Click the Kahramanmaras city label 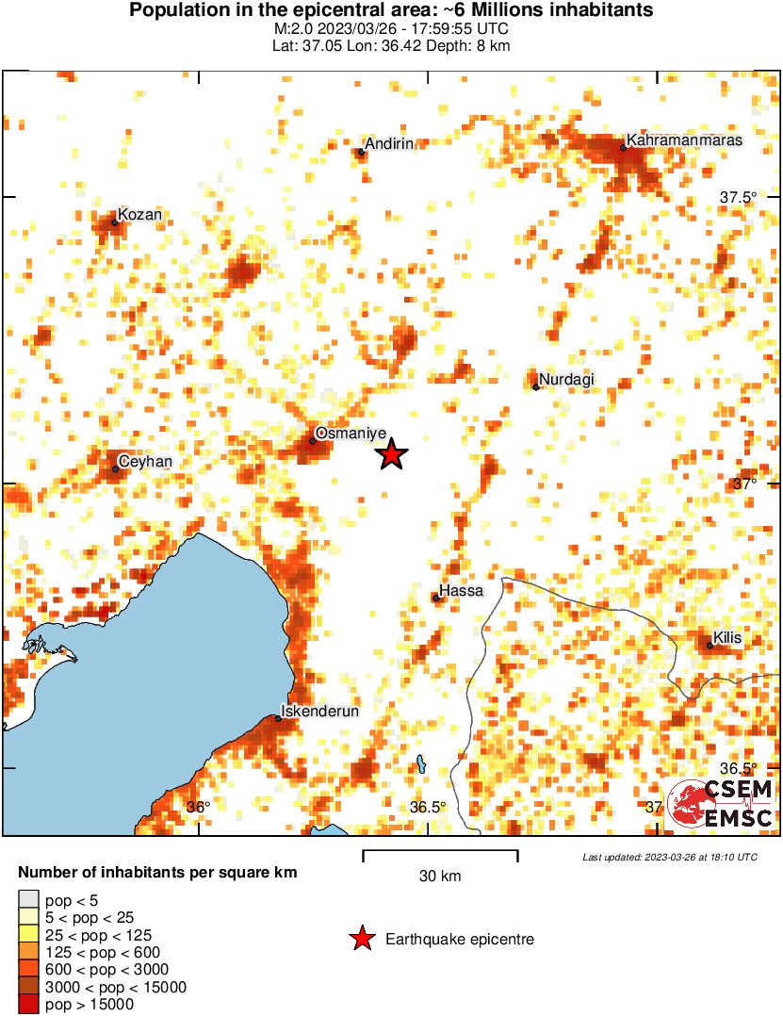684,140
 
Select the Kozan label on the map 139,215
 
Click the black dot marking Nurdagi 536,386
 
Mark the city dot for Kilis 710,646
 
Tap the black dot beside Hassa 435,598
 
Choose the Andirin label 389,143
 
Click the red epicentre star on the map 391,455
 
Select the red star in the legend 361,939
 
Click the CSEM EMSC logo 722,804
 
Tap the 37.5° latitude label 738,198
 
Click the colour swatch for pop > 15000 29,1005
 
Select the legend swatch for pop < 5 29,901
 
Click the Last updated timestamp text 669,857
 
